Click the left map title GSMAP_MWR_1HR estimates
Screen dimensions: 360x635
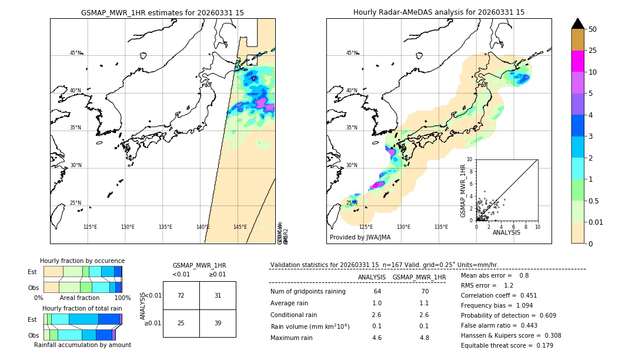[162, 12]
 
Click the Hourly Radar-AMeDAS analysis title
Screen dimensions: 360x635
[439, 12]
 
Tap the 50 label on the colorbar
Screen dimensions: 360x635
[593, 29]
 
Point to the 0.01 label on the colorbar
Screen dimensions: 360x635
[596, 222]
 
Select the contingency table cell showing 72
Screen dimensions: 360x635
[181, 295]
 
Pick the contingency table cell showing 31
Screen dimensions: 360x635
[218, 295]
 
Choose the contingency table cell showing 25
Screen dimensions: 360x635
[181, 323]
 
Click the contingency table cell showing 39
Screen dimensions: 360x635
[218, 323]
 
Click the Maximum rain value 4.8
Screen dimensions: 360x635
[425, 338]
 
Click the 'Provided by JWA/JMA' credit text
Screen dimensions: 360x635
[360, 238]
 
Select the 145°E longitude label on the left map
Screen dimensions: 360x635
[240, 227]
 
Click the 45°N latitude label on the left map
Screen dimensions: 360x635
[75, 53]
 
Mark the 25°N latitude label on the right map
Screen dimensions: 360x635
[352, 203]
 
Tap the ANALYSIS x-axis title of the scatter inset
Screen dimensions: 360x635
[507, 233]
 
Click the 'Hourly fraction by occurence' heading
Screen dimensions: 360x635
[82, 261]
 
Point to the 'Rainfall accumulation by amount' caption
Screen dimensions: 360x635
[82, 345]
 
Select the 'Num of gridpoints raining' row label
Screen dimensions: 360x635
[308, 292]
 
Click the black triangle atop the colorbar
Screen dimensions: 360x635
[578, 24]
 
